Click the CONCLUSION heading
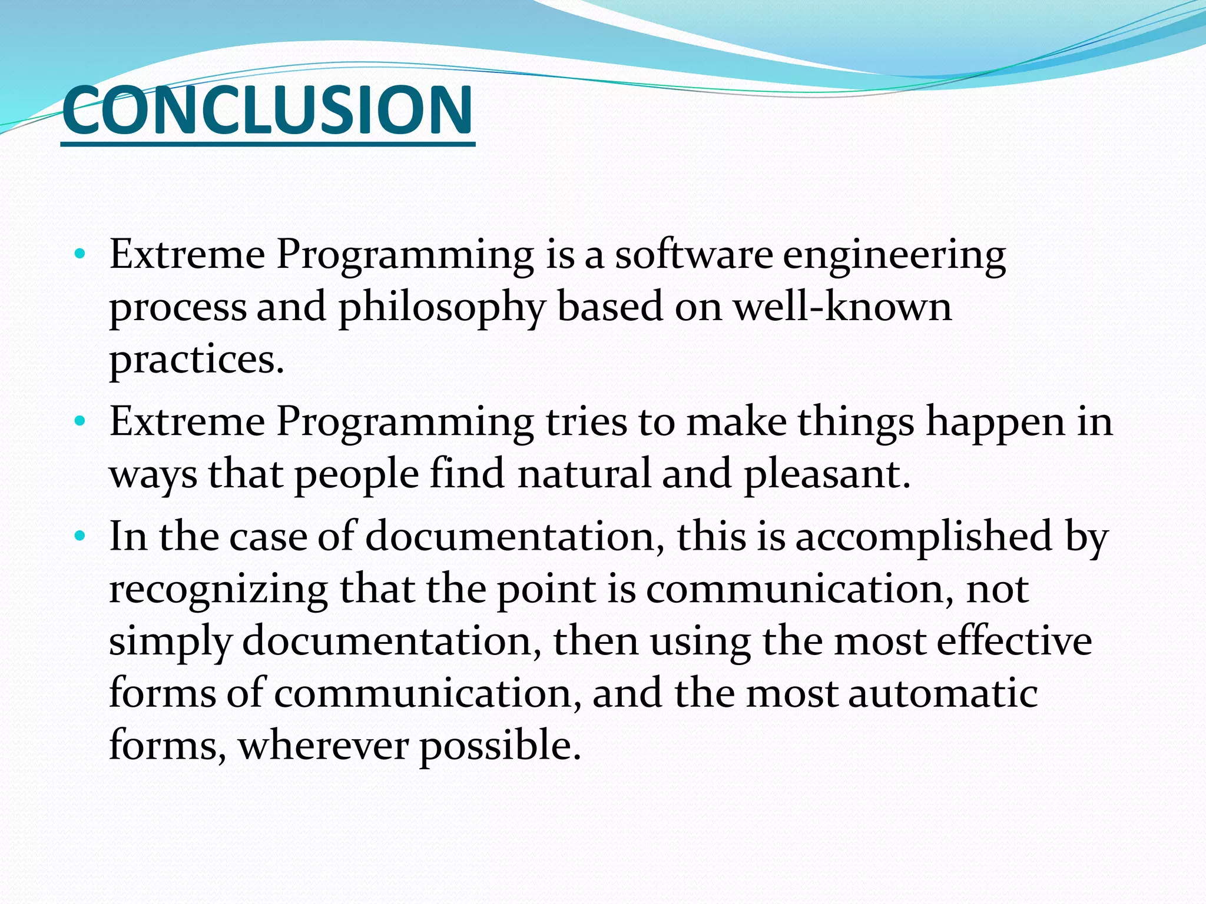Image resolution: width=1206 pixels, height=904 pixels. [267, 110]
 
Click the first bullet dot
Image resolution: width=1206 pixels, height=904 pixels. [80, 255]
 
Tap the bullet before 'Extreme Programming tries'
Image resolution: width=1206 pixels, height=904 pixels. [80, 422]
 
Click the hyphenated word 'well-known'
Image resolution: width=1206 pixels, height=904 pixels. [842, 307]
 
